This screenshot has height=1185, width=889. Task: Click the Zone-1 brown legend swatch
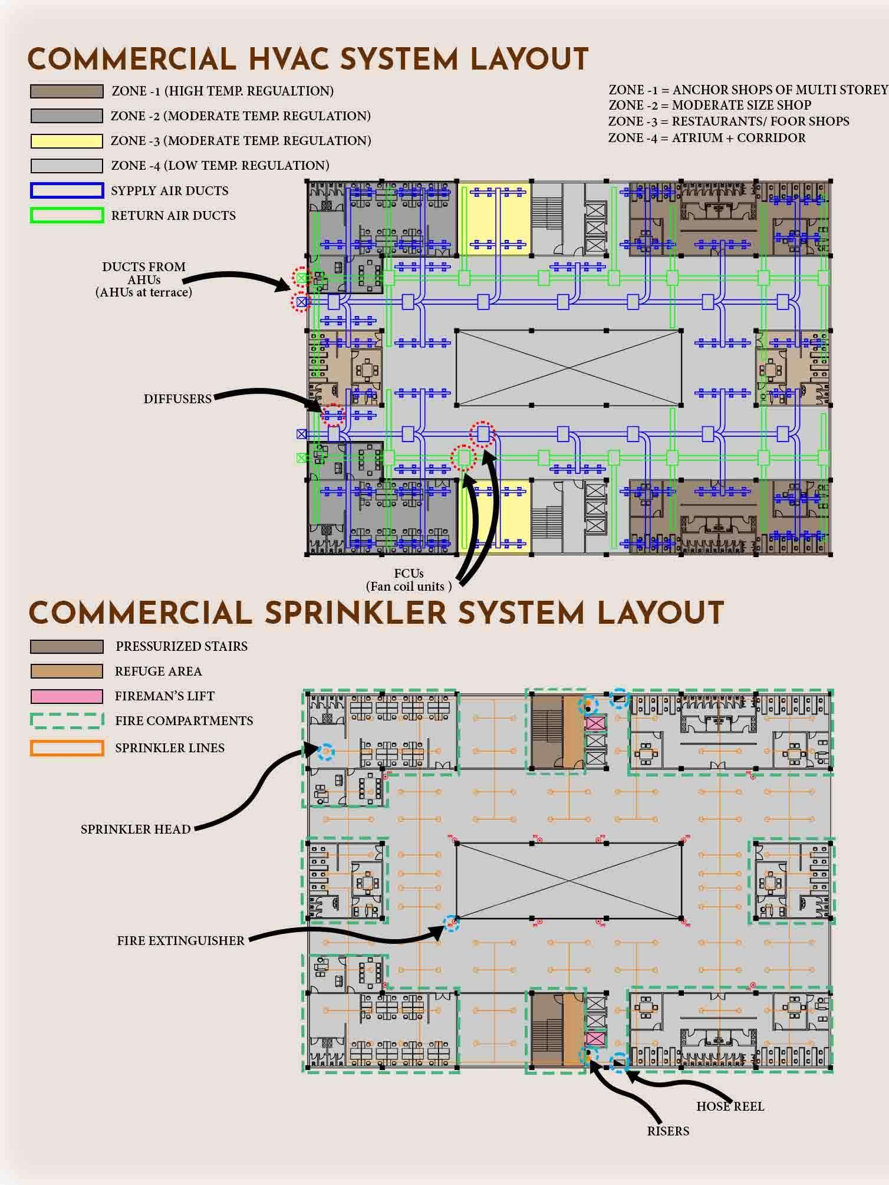[67, 91]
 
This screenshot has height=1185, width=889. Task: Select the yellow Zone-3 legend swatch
[67, 141]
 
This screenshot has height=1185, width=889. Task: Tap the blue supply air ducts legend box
[67, 190]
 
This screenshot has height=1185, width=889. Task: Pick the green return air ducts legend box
[67, 215]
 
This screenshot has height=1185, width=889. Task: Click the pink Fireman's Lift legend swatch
[67, 696]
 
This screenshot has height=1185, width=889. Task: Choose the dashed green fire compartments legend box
[67, 720]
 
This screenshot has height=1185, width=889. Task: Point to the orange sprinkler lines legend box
[67, 748]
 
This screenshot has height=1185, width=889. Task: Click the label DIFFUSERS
[177, 399]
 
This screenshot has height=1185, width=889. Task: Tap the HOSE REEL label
[730, 1107]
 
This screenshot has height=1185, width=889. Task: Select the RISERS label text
[668, 1131]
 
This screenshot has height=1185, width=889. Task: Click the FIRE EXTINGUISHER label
[180, 941]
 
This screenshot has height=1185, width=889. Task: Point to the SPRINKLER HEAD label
[136, 829]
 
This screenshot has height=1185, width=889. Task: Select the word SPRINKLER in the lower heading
[354, 614]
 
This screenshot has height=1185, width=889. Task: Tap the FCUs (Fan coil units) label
[409, 580]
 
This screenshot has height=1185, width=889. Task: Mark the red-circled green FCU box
[463, 457]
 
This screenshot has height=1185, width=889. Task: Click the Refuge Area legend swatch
[67, 671]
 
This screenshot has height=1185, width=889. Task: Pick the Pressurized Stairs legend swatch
[67, 646]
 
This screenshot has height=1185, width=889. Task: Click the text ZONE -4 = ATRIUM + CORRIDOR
[707, 138]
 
